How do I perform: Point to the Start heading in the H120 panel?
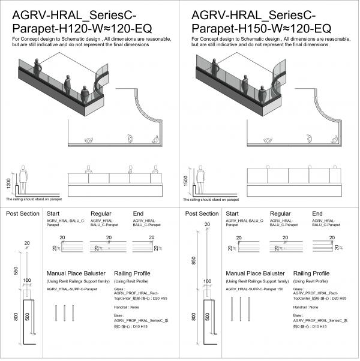[53, 213]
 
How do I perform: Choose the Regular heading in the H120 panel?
[101, 213]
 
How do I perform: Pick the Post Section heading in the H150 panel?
[202, 213]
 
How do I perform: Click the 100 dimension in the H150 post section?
[206, 281]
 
